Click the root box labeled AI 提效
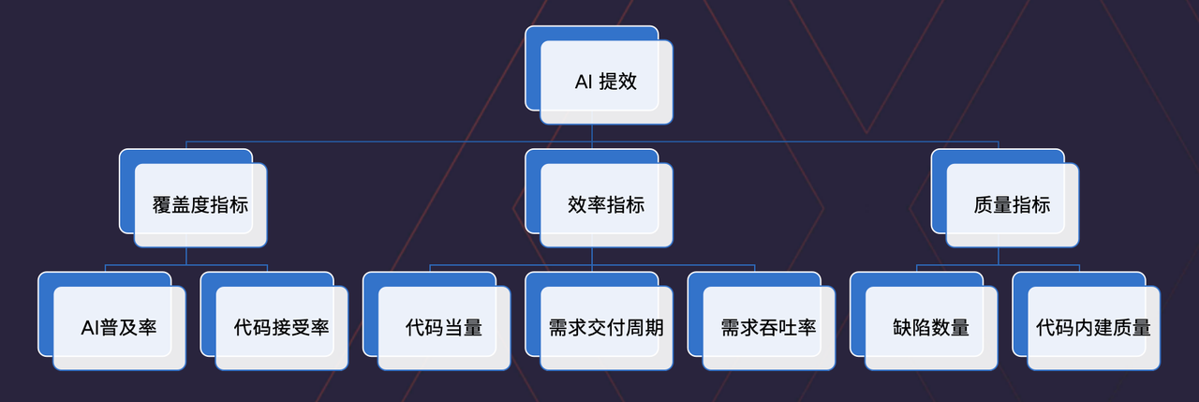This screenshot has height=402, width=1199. pos(606,82)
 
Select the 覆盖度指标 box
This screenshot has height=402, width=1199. pos(200,205)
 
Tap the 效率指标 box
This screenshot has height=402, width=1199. pos(606,205)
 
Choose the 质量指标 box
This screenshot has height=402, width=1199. pos(1012,205)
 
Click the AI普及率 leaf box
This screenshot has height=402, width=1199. pos(119,328)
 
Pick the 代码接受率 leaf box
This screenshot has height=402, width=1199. pos(281,328)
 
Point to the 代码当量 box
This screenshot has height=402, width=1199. pos(444,328)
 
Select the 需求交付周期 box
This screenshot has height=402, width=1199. pos(606,328)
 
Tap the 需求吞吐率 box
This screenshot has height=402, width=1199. pos(768,328)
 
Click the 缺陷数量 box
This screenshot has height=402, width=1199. pos(931,328)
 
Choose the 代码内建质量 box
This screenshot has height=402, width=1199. pos(1093,328)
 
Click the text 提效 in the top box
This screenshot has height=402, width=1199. pos(618,82)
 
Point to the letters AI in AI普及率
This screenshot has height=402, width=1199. pos(89,328)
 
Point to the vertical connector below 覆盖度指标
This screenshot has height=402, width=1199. pos(185,256)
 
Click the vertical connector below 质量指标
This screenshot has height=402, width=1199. pos(998,256)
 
